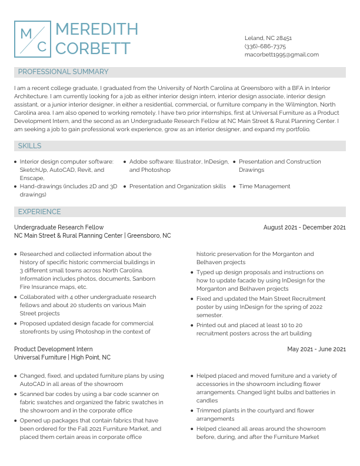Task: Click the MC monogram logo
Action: click(x=32, y=39)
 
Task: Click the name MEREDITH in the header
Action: click(x=96, y=29)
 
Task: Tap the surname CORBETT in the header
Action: click(x=93, y=48)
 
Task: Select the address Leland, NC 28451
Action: click(x=268, y=38)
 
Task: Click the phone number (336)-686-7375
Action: click(x=265, y=46)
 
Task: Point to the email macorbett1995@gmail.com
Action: click(x=282, y=54)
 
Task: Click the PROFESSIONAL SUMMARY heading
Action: click(x=63, y=72)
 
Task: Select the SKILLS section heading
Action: click(x=29, y=145)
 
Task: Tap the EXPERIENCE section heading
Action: click(x=39, y=211)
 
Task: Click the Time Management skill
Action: click(x=264, y=186)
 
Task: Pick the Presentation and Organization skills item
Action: click(x=177, y=186)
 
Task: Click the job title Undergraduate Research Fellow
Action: click(x=59, y=227)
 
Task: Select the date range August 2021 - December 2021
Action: click(x=304, y=227)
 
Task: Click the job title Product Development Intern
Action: click(x=54, y=349)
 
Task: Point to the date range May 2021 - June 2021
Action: click(x=316, y=349)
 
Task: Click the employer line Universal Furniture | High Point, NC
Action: click(x=62, y=357)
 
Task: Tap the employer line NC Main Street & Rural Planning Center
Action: click(x=92, y=235)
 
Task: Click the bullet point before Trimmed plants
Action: click(x=192, y=411)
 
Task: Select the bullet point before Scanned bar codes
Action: click(x=15, y=394)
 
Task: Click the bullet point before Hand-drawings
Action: click(x=15, y=187)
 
